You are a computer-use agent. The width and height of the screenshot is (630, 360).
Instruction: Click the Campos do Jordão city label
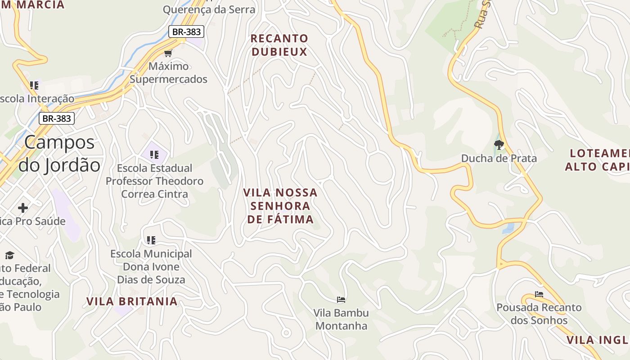point(59,153)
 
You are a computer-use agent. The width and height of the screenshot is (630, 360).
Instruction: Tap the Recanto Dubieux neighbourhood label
point(279,45)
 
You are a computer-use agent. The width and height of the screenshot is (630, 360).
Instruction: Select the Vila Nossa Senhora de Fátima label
point(280,206)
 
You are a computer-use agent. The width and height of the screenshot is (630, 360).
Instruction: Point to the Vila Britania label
point(132,301)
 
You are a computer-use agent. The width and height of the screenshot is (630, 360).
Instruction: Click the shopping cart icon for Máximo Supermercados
point(168,54)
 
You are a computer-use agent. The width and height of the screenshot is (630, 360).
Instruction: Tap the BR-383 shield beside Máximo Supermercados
point(186,31)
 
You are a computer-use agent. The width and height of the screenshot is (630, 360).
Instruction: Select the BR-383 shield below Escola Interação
point(56,118)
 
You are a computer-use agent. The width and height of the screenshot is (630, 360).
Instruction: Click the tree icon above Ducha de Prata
point(499,145)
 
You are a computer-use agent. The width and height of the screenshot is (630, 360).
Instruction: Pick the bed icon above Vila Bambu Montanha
point(341,300)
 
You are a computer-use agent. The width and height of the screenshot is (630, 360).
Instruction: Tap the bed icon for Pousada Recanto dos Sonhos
point(539,295)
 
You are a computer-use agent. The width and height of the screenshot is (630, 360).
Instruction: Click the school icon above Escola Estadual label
point(154,155)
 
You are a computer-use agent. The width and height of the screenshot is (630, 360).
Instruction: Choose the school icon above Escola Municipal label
point(151,240)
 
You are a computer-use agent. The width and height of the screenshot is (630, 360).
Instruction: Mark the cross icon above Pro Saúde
point(23,208)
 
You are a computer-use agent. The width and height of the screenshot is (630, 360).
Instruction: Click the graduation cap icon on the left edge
point(9,256)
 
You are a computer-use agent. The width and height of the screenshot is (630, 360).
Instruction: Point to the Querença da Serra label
point(209,9)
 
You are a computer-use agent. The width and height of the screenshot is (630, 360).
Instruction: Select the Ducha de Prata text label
point(499,158)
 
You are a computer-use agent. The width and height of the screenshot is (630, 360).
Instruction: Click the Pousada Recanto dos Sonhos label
point(539,314)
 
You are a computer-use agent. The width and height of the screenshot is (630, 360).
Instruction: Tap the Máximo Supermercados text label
point(168,73)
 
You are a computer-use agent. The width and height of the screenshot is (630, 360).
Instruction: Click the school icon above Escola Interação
point(34,85)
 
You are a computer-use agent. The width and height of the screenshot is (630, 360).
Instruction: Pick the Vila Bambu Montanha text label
point(341,319)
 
